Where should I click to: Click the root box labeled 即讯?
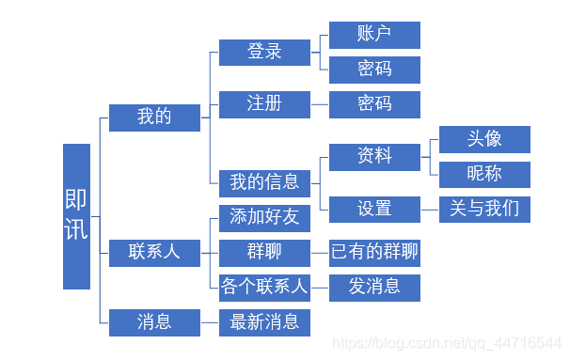coord(77,216)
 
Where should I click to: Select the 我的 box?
coord(154,117)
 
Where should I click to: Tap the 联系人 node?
coord(154,252)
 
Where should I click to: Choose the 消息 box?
coord(154,322)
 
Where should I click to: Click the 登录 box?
coord(264,52)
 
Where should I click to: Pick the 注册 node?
coord(264,103)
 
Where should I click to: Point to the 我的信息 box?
coord(264,182)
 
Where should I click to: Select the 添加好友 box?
coord(264,218)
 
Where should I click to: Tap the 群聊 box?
coord(264,252)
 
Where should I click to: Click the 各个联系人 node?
coord(264,287)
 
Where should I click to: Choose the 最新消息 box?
coord(264,322)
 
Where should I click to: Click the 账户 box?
coord(374,35)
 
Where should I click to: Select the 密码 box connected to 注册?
coord(374,103)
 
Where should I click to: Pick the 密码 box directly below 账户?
coord(374,70)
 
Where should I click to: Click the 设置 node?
coord(374,209)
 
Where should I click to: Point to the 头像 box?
coord(484,139)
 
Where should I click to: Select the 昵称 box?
coord(484,174)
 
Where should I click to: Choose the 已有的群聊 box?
coord(374,252)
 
